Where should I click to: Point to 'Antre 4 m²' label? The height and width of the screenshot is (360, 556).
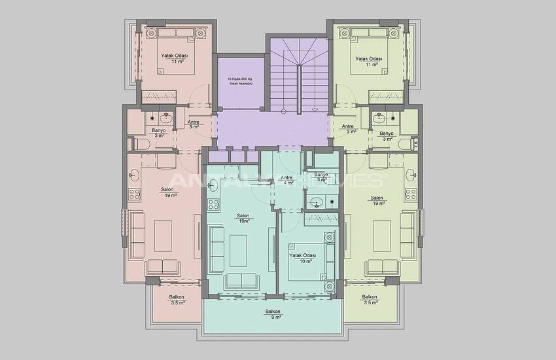pos(286,180)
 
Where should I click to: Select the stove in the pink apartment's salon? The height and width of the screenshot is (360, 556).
pos(135,194)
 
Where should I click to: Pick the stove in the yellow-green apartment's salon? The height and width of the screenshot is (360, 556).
pos(411,194)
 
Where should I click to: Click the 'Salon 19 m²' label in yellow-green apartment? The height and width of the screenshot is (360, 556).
pos(377,200)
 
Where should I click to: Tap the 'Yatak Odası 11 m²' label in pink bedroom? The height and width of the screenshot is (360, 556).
pos(175,59)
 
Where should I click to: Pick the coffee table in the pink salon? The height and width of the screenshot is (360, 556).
pos(163,234)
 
